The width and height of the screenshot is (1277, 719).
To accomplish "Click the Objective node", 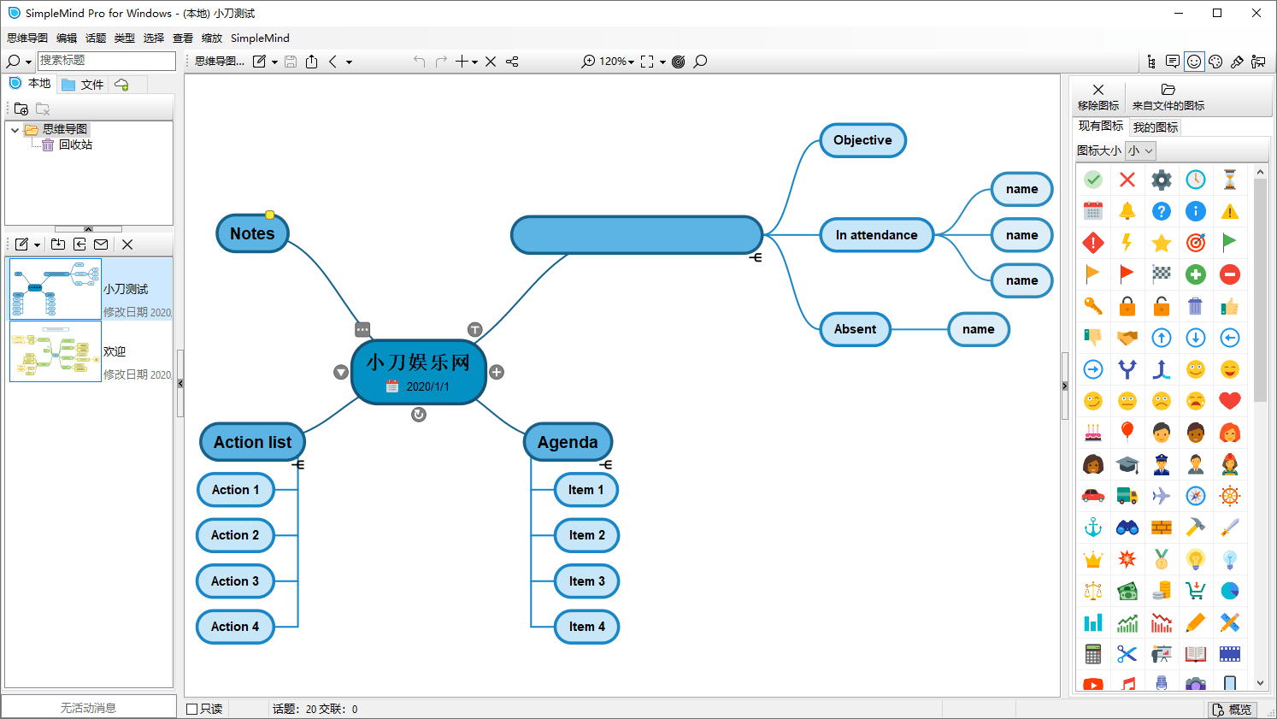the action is [x=862, y=140].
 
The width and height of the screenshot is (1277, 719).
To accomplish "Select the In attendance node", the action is [x=877, y=235].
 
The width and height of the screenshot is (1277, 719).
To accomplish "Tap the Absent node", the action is [x=855, y=329].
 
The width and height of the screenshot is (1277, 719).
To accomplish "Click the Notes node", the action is [x=252, y=233].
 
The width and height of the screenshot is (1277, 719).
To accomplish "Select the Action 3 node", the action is [x=235, y=581].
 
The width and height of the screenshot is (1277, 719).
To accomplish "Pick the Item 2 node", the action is [x=586, y=535].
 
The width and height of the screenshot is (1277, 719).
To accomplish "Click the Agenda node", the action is [x=568, y=442].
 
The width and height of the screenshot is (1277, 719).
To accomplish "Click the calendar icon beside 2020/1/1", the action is [x=392, y=386].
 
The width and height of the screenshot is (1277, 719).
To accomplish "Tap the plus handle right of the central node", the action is [x=497, y=373].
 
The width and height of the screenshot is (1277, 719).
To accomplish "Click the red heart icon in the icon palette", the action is [x=1230, y=401].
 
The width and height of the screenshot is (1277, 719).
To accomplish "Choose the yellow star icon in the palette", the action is [x=1162, y=244].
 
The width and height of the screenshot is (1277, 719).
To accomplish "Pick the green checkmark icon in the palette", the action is [x=1093, y=180].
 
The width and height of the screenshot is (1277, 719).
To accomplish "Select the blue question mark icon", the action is [x=1162, y=211].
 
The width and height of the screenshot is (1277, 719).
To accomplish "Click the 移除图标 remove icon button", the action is [x=1098, y=97].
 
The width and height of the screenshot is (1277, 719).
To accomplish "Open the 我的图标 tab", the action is [x=1155, y=127].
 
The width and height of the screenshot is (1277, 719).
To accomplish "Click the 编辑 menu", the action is [x=67, y=38].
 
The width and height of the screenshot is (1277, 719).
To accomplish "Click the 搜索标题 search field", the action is [x=107, y=61].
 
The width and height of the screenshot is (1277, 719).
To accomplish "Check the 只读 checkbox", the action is [x=192, y=709].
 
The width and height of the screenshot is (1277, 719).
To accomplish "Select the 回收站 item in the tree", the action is [x=75, y=144].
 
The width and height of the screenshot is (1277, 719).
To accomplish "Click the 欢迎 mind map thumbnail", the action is [x=56, y=351].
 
